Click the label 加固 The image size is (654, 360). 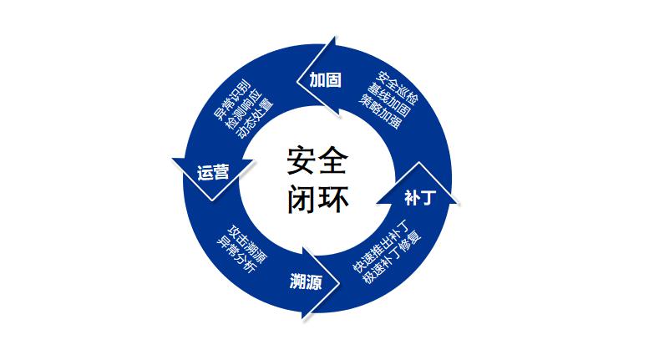coord(324,80)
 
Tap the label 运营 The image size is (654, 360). coord(213,172)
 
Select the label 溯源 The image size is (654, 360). coord(306,279)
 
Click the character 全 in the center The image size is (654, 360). coord(333,159)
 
